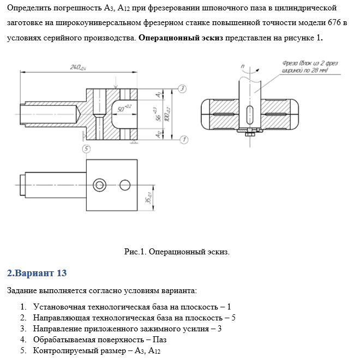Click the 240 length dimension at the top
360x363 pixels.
pos(79,67)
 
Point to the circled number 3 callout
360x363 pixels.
pos(182,89)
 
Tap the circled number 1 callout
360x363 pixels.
pos(184,140)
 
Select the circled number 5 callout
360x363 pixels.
pos(86,149)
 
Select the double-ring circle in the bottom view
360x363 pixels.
pos(99,185)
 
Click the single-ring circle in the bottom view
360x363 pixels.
pos(125,185)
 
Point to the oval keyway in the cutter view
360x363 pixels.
pos(249,116)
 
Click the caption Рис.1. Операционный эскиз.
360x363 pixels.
pos(177,252)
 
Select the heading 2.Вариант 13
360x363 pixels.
pos(37,272)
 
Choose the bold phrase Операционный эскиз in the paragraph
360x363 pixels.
pos(181,39)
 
